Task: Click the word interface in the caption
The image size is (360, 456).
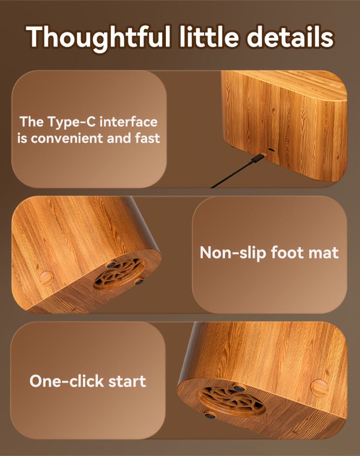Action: click(129, 122)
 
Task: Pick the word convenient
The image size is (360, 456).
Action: click(67, 138)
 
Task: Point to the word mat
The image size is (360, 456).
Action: click(324, 253)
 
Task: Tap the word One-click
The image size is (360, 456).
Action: click(67, 380)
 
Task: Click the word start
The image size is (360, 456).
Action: click(127, 381)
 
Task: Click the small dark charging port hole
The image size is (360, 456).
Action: click(272, 150)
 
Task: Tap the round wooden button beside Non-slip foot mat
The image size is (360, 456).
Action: click(46, 278)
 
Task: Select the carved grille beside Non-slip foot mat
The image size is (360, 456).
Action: click(119, 273)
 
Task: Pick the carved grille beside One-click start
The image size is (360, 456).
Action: click(231, 401)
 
